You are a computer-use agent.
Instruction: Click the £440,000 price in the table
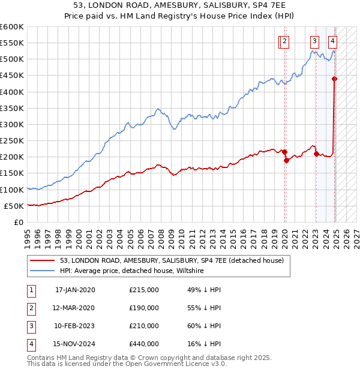[x=144, y=344]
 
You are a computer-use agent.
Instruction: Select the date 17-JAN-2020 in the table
[x=71, y=290]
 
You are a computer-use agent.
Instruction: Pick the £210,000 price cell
[x=144, y=326]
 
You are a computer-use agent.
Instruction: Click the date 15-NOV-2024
[x=71, y=344]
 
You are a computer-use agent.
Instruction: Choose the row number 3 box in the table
[x=30, y=326]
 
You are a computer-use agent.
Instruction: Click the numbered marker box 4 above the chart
[x=332, y=41]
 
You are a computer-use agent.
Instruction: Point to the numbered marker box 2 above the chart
[x=284, y=41]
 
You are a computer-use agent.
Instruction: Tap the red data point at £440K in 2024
[x=335, y=79]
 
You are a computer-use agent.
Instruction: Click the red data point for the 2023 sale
[x=316, y=154]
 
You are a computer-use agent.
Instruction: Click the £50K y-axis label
[x=14, y=206]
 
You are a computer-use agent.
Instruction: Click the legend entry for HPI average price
[x=132, y=271]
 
